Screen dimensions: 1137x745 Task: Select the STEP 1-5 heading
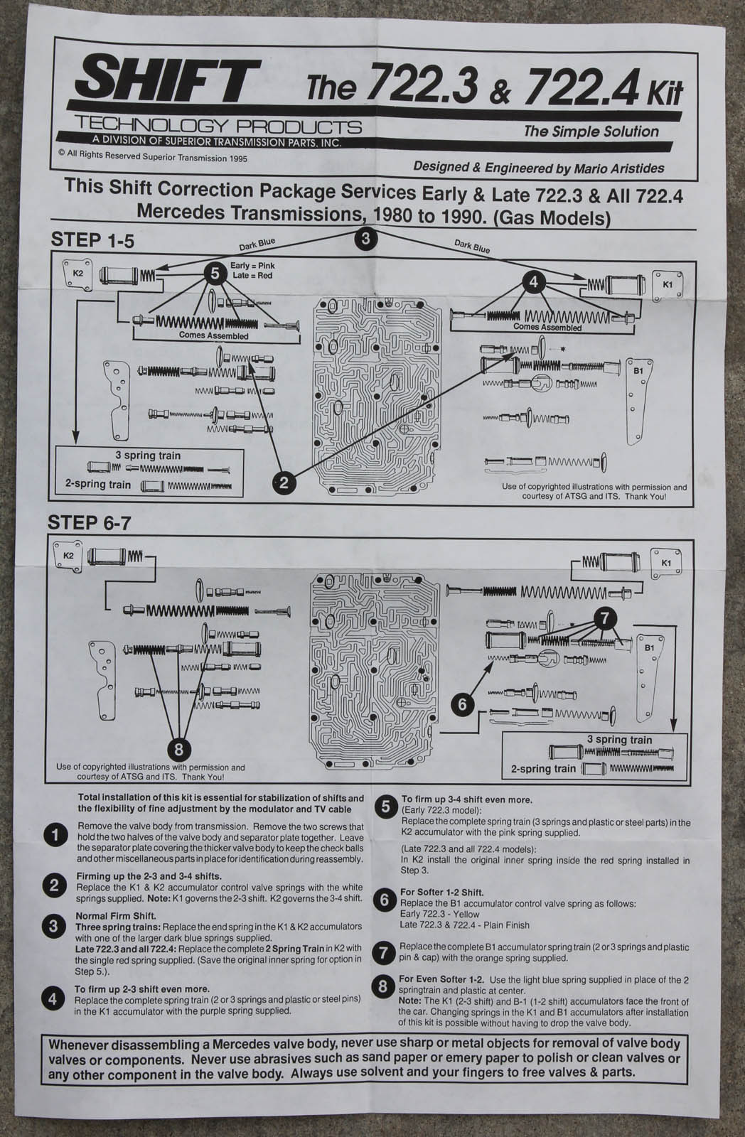(x=92, y=241)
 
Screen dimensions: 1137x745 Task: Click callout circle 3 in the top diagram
(x=365, y=238)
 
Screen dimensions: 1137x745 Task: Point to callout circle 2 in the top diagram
(x=284, y=483)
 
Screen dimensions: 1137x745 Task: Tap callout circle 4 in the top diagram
(x=533, y=281)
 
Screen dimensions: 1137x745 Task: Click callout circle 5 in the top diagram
(x=213, y=272)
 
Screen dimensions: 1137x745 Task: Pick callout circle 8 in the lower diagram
(x=178, y=748)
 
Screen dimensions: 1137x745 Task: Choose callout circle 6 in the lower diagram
(x=463, y=704)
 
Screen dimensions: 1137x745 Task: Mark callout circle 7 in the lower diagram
(x=604, y=618)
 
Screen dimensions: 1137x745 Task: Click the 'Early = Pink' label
(x=253, y=266)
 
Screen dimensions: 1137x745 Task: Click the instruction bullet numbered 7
(x=384, y=952)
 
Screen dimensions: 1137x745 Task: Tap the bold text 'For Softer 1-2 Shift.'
(x=442, y=893)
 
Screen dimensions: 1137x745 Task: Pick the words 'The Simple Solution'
(x=591, y=131)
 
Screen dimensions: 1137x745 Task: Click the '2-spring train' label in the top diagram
(x=99, y=485)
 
